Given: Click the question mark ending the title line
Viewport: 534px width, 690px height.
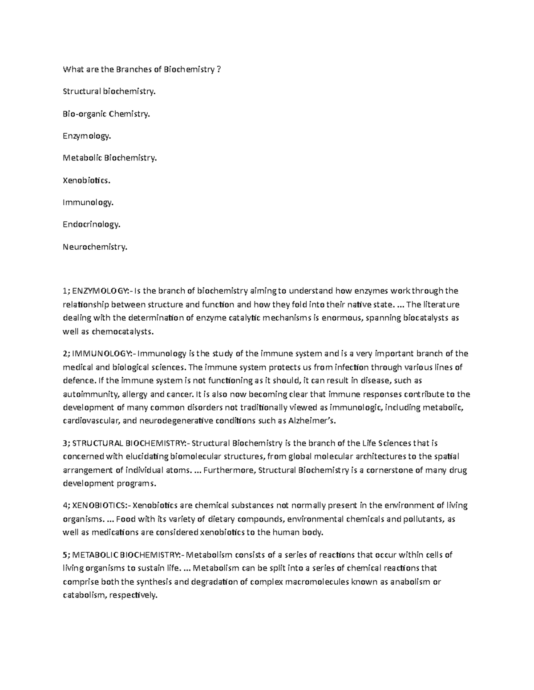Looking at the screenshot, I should [218, 69].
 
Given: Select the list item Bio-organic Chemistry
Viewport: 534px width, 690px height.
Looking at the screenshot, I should [106, 114].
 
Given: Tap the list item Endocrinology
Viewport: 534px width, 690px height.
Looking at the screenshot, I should [92, 224].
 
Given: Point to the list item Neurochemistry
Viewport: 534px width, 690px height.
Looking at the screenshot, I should [95, 247].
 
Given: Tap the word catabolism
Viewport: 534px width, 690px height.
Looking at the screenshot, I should [83, 595].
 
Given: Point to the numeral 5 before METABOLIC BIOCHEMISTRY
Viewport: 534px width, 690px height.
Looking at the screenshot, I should [65, 555].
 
